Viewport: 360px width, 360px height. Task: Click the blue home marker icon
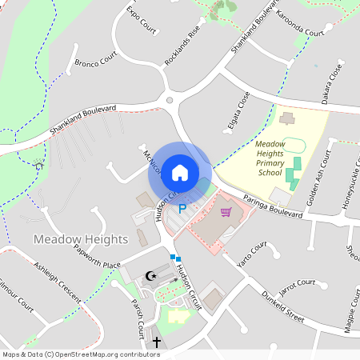(x=180, y=172)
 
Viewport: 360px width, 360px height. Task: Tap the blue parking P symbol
(x=182, y=209)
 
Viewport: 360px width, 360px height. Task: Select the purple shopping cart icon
(x=226, y=212)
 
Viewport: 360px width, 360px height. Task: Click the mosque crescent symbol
(x=150, y=277)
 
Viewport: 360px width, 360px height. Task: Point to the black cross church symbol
(x=157, y=342)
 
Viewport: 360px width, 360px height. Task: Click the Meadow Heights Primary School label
(x=270, y=158)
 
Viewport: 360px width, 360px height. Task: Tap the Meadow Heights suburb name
(x=81, y=239)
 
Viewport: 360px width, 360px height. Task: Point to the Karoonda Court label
(x=299, y=25)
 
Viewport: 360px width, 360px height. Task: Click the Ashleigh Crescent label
(x=57, y=282)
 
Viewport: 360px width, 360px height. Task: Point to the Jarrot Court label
(x=293, y=283)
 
